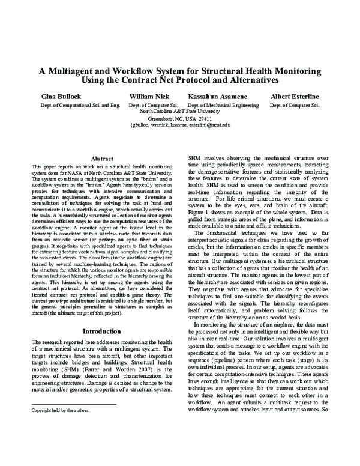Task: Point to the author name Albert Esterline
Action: coord(302,95)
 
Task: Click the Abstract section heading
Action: coord(97,158)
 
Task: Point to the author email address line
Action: coord(179,126)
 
